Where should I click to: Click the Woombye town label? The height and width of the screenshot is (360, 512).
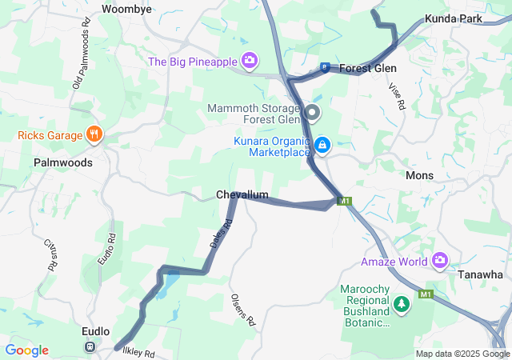tap(127, 9)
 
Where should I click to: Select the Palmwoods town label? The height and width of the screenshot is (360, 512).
tap(63, 162)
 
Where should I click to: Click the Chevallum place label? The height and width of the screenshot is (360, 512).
tap(242, 195)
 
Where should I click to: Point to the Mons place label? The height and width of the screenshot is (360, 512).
tap(419, 175)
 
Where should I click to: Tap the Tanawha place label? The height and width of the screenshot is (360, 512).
tap(480, 274)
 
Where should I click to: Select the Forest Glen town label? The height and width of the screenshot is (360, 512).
tap(367, 68)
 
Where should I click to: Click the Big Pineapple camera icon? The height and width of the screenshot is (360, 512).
tap(250, 61)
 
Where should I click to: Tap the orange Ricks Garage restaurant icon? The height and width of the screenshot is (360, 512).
tap(94, 134)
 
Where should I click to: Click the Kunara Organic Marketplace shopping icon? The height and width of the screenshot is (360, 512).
tap(322, 145)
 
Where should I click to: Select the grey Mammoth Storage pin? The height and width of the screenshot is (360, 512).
tap(312, 112)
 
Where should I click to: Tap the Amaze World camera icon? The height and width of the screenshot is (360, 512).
tap(439, 261)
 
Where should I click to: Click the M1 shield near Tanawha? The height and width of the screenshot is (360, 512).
tap(426, 294)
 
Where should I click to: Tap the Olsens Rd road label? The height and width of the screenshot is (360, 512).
tap(243, 310)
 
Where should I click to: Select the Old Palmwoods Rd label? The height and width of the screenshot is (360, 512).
tap(82, 60)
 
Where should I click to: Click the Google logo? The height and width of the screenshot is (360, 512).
tap(27, 350)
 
